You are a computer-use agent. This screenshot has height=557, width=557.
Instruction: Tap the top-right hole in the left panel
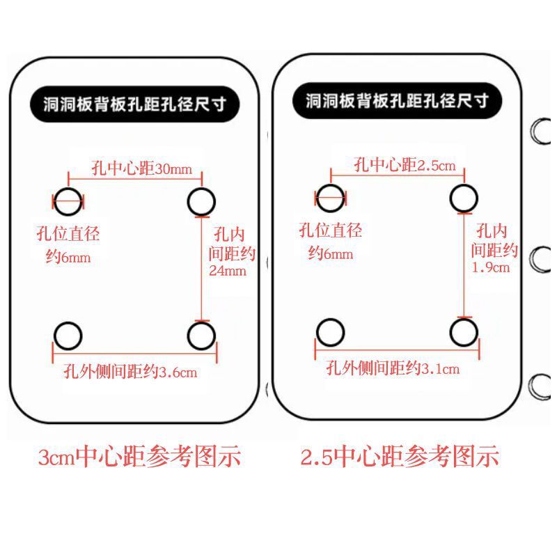click(x=201, y=202)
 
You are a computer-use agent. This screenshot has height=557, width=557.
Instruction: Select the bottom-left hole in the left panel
click(x=68, y=336)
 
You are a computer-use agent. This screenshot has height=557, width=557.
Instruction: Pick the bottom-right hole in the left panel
click(x=201, y=336)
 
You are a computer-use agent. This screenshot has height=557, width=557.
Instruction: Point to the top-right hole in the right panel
click(x=464, y=198)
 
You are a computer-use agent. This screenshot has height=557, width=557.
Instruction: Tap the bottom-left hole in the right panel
click(x=330, y=332)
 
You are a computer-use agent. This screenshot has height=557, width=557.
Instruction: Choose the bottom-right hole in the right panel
click(x=464, y=332)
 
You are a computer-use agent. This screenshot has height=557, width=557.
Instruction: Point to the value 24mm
click(x=228, y=272)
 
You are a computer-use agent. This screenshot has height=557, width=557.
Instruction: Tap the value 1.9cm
click(x=491, y=267)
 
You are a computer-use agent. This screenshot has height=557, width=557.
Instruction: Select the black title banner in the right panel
click(x=397, y=102)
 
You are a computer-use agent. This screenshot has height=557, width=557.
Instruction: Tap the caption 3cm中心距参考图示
click(x=139, y=457)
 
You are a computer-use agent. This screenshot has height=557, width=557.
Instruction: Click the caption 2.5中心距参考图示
click(x=400, y=457)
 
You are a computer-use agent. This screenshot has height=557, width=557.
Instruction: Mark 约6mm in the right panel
click(x=331, y=253)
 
